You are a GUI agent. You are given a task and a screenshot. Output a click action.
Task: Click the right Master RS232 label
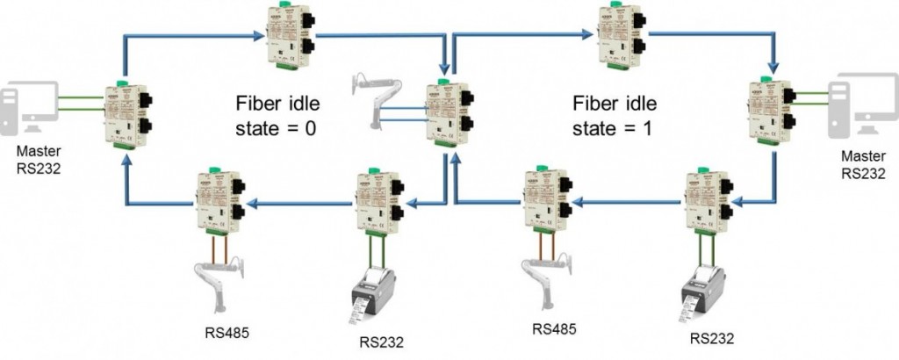[x=864, y=165]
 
